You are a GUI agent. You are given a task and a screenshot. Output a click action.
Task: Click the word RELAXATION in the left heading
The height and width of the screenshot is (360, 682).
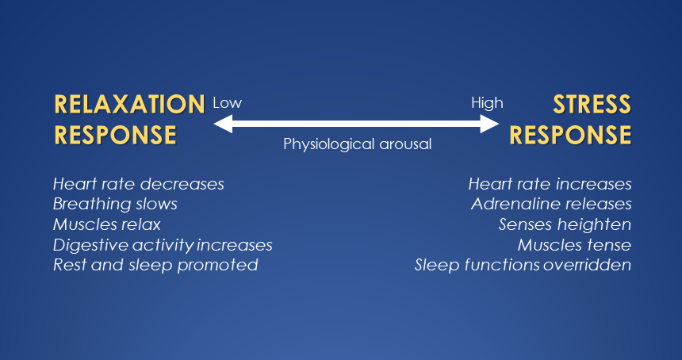tap(129, 104)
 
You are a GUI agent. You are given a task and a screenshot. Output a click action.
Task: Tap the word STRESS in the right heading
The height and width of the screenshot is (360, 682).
tap(592, 104)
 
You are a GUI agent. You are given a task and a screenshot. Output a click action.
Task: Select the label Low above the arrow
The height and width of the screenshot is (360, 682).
tap(227, 103)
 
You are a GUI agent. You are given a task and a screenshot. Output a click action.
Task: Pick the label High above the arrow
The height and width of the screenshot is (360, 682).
tap(487, 103)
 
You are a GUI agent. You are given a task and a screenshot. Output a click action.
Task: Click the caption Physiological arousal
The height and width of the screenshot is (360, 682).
tap(358, 144)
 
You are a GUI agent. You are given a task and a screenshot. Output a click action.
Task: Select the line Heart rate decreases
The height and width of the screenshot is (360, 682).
tap(139, 184)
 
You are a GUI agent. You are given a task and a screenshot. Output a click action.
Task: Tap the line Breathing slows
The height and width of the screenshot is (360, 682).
tap(115, 205)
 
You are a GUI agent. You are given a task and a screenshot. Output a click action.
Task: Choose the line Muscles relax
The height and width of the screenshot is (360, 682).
tap(106, 224)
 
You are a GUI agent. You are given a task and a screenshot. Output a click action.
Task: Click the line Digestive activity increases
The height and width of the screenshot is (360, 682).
tap(163, 245)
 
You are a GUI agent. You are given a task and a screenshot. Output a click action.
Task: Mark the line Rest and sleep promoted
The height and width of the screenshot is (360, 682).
tap(155, 265)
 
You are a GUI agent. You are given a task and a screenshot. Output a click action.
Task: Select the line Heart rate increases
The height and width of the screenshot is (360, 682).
tap(550, 184)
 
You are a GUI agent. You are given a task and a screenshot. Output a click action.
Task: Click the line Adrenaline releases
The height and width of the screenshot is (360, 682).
tap(551, 205)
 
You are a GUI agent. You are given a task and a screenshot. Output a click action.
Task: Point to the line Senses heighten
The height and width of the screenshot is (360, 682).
tap(565, 224)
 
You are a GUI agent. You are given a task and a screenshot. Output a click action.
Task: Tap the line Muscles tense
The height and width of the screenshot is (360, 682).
tap(574, 245)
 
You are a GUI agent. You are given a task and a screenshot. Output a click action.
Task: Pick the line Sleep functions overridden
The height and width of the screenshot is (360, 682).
tap(523, 265)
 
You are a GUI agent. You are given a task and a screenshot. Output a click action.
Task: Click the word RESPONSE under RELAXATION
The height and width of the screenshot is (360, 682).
tap(115, 134)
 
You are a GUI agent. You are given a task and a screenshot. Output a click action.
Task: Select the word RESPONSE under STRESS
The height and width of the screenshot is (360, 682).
tap(570, 134)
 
